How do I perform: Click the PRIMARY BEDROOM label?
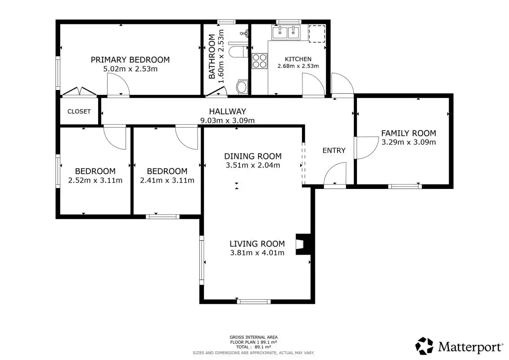(x=130, y=60)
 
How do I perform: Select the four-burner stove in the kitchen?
(x=260, y=61)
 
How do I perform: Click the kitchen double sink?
(x=286, y=32)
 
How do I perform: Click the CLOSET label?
(x=79, y=111)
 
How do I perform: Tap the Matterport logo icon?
(x=424, y=346)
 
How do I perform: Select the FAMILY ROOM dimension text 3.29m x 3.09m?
(x=409, y=142)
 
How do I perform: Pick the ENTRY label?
(x=334, y=151)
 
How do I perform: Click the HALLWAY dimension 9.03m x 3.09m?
(x=227, y=121)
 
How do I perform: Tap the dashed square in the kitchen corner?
(x=317, y=34)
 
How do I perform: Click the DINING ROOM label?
(x=253, y=156)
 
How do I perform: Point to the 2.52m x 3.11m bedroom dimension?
(x=95, y=180)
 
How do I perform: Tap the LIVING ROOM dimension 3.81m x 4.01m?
(x=257, y=253)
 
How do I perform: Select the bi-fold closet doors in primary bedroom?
(x=80, y=91)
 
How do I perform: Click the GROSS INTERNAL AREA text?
(x=253, y=337)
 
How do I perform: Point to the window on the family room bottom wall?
(x=405, y=186)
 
